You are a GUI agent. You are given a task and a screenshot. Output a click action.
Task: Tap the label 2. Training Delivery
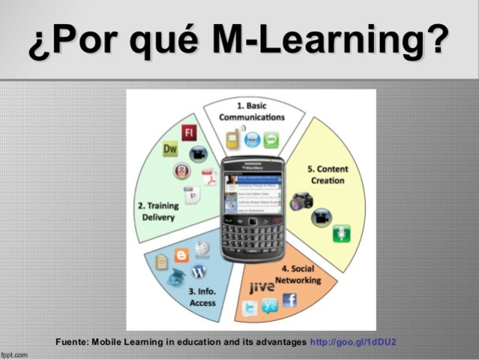click(x=155, y=211)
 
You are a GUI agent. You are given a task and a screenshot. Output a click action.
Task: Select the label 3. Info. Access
click(x=203, y=297)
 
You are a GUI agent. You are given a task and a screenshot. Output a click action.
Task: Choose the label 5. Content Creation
click(x=327, y=175)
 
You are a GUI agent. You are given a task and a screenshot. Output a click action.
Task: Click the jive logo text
click(x=261, y=286)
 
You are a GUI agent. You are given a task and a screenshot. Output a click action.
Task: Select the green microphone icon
click(x=341, y=233)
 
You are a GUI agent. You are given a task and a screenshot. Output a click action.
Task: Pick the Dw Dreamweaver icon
click(x=171, y=149)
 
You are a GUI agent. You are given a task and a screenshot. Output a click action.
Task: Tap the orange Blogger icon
click(x=181, y=256)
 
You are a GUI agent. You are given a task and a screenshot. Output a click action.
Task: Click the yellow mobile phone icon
click(x=233, y=139)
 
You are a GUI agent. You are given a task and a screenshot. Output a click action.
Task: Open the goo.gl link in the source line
click(x=352, y=342)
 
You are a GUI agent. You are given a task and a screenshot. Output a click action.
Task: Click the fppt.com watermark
click(x=13, y=354)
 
